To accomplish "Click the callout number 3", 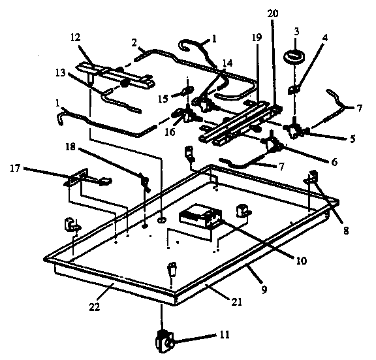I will pyautogui.click(x=296, y=31).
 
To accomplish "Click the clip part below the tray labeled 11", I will pyautogui.click(x=163, y=340).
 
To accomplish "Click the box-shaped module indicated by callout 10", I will pyautogui.click(x=198, y=218).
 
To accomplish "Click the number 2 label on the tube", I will pyautogui.click(x=134, y=43).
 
